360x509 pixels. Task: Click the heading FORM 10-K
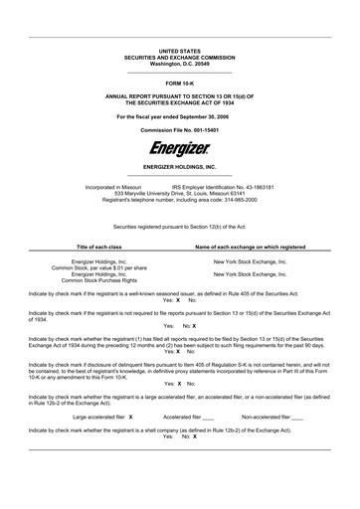coord(180,84)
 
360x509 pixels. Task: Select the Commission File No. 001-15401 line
coord(180,130)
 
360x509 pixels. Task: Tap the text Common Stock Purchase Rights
coord(99,280)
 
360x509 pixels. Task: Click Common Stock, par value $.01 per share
coord(99,267)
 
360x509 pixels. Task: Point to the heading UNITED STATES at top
coord(180,50)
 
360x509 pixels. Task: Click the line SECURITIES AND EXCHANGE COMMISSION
coord(180,57)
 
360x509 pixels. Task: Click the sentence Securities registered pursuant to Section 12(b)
coord(180,226)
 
